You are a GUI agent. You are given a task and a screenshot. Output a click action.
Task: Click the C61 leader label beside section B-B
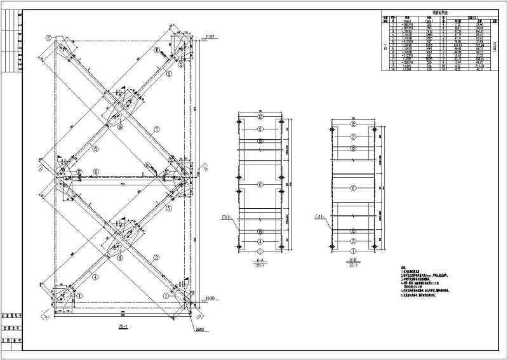pyautogui.click(x=321, y=218)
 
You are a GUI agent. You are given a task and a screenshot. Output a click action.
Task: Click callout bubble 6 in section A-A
pyautogui.click(x=260, y=184)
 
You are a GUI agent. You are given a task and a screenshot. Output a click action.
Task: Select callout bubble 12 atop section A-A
pyautogui.click(x=260, y=116)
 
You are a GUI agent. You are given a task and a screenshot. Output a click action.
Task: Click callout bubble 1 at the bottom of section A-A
pyautogui.click(x=260, y=251)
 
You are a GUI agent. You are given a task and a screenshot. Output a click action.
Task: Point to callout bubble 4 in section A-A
pyautogui.click(x=260, y=241)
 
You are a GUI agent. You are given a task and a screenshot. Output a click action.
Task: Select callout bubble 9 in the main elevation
pyautogui.click(x=169, y=74)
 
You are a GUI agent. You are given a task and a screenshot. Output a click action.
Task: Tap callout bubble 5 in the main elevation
pyautogui.click(x=169, y=208)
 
